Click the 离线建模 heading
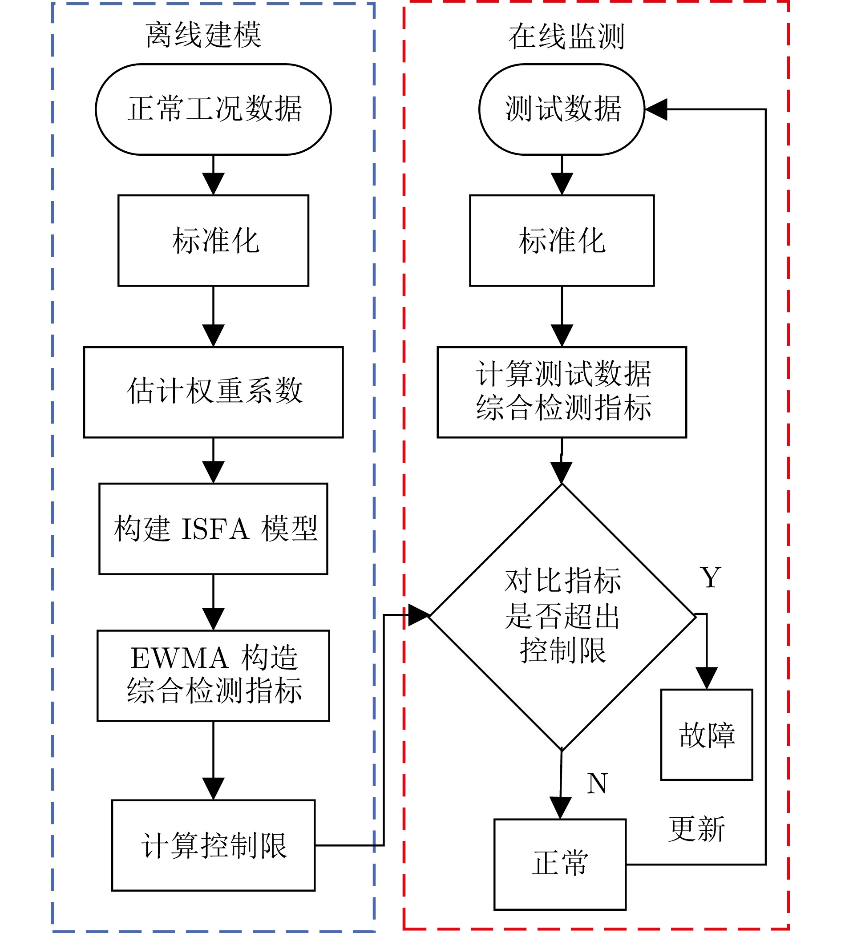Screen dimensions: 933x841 pos(204,35)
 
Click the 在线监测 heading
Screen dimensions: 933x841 pos(566,36)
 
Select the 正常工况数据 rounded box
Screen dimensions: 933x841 pos(214,109)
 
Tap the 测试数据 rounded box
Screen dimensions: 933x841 pos(562,109)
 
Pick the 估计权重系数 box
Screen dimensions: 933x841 pos(214,392)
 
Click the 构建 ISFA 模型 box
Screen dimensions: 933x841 pos(214,529)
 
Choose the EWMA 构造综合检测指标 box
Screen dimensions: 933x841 pos(214,675)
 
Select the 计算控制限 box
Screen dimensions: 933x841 pos(214,846)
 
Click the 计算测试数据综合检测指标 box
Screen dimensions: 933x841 pos(562,392)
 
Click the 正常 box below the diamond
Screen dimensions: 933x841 pos(560,864)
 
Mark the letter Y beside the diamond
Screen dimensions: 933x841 pos(710,578)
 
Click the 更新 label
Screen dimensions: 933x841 pos(696,829)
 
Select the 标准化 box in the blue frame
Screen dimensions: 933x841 pos(214,241)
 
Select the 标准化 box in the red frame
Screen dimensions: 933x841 pos(562,241)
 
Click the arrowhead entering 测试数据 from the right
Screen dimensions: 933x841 pos(656,109)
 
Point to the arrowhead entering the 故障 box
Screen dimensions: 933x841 pos(707,679)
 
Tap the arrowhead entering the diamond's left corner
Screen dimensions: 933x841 pos(419,615)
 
